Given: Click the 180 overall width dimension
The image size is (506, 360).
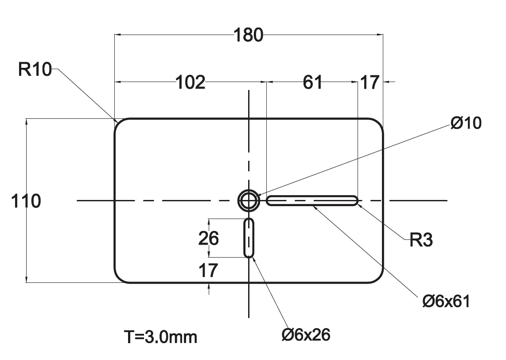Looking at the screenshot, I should coord(249,35).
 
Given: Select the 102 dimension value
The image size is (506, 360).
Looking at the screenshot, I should coord(191,82).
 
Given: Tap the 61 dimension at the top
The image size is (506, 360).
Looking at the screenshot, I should coord(313,82).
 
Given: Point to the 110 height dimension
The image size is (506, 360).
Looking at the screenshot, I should coord(26,201).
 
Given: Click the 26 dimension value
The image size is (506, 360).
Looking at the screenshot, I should coord(208,239).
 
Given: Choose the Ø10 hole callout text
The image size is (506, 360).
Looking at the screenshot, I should coord(466,123).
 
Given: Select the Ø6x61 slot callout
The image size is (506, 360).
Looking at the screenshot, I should coord(446,301).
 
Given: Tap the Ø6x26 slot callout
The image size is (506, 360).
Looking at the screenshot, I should coord(306,335).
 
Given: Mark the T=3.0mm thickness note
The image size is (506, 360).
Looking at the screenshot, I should coord(160,337).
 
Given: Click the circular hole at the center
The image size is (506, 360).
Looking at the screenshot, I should coord(249,201).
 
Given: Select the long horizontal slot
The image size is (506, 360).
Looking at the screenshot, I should coord(312,201).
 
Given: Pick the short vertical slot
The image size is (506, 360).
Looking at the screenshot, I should coord(249,238).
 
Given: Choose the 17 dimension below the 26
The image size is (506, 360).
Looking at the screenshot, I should coord(208,270).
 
